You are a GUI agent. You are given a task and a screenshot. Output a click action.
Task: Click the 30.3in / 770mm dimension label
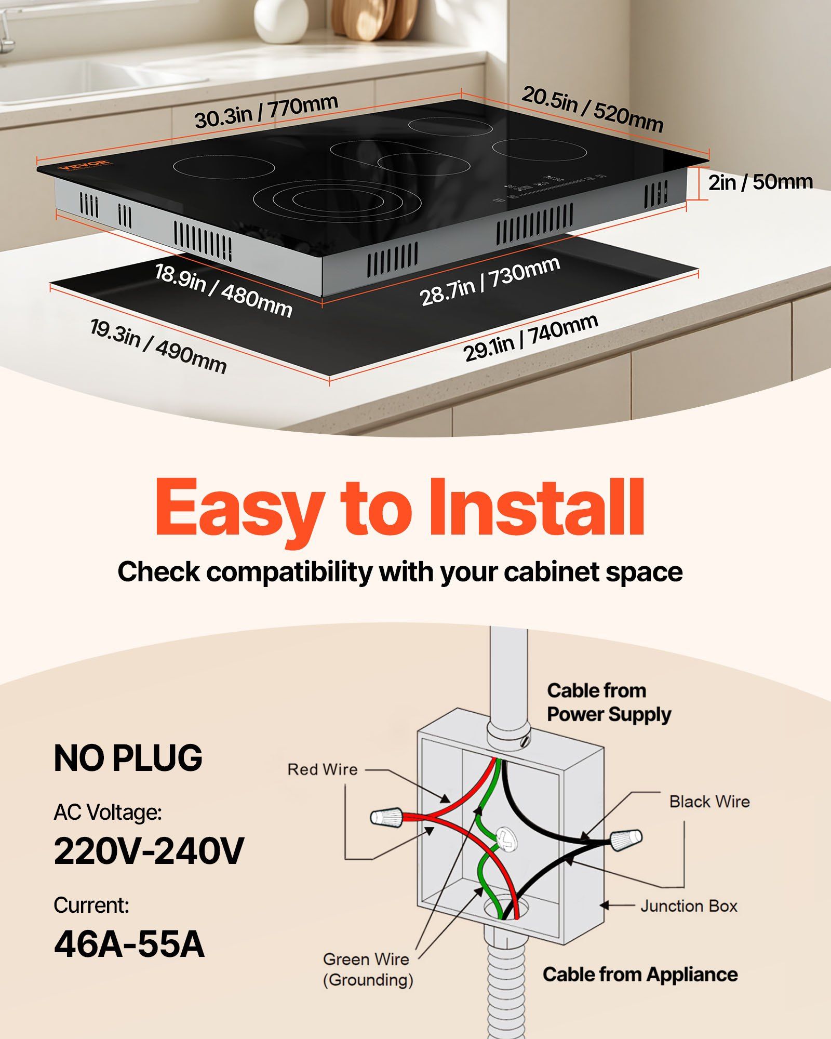pos(266,111)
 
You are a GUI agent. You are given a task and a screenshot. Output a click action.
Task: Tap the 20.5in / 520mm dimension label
pos(592,110)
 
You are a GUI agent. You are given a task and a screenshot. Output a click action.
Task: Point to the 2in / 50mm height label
pos(760,182)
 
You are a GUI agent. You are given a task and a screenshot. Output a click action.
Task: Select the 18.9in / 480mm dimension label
pos(223,290)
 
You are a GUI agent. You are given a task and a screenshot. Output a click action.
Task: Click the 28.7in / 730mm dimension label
pos(490,281)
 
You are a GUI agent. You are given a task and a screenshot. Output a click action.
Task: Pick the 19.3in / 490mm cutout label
pos(158,346)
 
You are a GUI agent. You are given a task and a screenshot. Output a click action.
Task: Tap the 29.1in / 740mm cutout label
pos(530,338)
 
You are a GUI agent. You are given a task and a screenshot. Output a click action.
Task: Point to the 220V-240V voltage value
pos(149,851)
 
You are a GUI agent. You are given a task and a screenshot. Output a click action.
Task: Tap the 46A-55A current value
pos(129,944)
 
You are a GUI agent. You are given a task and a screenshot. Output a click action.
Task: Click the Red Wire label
pos(323,769)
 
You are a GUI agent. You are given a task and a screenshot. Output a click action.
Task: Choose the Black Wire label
pos(709,802)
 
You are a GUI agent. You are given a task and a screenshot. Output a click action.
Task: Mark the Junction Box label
pos(689,907)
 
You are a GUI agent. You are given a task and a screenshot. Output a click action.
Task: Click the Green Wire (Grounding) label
pos(368,969)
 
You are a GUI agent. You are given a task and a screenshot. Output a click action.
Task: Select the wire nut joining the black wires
pos(626,840)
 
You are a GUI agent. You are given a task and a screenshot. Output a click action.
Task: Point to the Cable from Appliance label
pos(640,975)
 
